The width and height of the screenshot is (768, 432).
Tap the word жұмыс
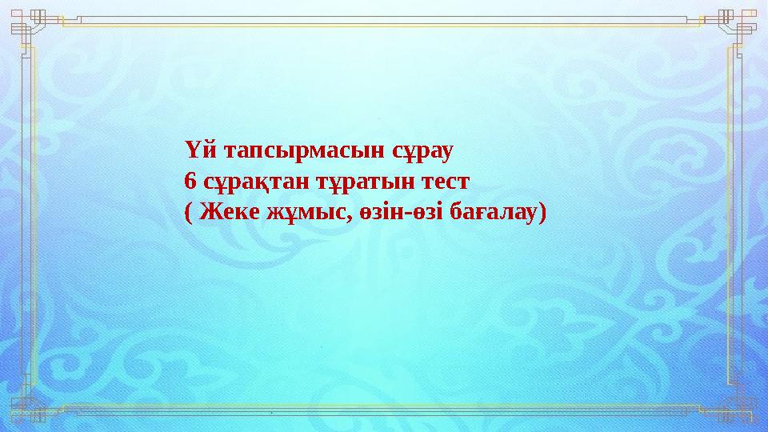308,213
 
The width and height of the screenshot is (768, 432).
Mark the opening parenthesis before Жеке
188,213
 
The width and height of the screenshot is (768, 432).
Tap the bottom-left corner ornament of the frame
28,408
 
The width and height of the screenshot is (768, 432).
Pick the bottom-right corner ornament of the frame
739,408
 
